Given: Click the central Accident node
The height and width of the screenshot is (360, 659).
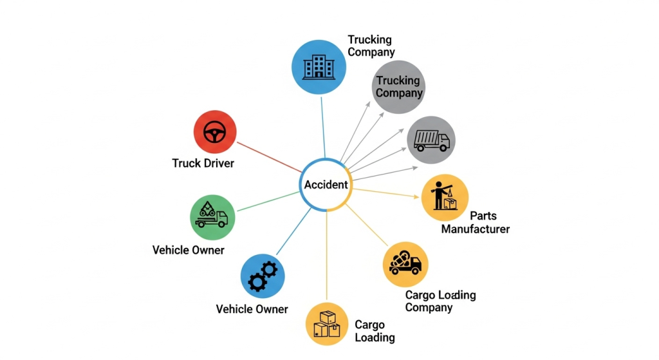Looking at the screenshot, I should (x=326, y=185).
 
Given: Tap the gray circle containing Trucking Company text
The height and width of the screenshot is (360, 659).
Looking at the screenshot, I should (x=399, y=86).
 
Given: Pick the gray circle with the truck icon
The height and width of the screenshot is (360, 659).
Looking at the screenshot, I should (x=431, y=140).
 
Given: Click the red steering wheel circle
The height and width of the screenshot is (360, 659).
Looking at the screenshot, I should (x=215, y=132).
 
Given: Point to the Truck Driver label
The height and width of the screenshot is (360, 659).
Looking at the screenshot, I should (x=203, y=163).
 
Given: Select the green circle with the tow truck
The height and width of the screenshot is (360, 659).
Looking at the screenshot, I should (x=212, y=217).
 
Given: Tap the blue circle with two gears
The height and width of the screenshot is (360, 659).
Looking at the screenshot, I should (x=263, y=276).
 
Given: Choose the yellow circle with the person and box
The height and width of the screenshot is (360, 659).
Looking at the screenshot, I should (x=445, y=197).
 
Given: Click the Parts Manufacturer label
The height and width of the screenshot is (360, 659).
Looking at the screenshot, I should (x=476, y=222).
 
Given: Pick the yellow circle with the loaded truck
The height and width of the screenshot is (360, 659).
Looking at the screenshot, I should (x=405, y=263).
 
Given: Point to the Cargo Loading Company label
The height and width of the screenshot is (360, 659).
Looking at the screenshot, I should (x=440, y=301).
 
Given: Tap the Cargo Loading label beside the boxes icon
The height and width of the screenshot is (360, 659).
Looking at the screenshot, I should (x=374, y=330).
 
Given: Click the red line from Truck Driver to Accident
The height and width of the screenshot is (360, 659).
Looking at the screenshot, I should (x=268, y=156).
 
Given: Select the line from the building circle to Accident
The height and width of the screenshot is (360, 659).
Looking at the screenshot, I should (x=322, y=126).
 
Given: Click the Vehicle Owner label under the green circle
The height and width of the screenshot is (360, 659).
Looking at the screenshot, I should (x=189, y=249).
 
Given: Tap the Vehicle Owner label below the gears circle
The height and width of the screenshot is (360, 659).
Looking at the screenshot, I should (x=252, y=309).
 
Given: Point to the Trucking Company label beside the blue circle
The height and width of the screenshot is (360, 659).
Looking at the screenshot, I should (x=371, y=46).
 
